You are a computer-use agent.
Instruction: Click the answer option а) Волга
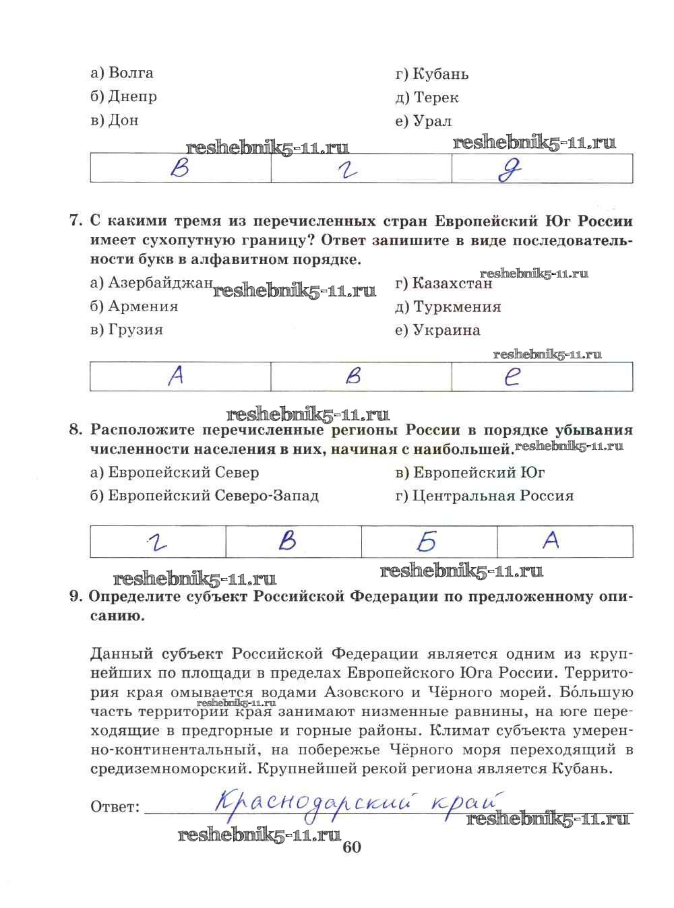tap(121, 73)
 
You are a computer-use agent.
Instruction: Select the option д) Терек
tap(427, 98)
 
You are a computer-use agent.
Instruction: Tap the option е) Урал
tap(423, 121)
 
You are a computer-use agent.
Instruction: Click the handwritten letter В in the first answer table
tap(180, 168)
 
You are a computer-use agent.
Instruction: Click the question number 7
tap(75, 222)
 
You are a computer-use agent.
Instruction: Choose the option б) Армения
tap(133, 306)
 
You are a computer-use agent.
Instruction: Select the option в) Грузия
tap(126, 330)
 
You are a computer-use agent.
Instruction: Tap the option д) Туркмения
tap(448, 307)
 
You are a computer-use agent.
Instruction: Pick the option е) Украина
tap(437, 331)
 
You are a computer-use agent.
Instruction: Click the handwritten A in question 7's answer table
tap(176, 376)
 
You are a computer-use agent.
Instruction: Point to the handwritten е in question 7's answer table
tap(512, 377)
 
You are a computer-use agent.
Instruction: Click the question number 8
tap(75, 430)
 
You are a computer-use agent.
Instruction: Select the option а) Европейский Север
tap(174, 473)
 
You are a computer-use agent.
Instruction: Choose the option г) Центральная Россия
tap(484, 496)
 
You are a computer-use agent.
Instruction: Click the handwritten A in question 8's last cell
tap(551, 540)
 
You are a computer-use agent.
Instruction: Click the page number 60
tap(352, 847)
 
